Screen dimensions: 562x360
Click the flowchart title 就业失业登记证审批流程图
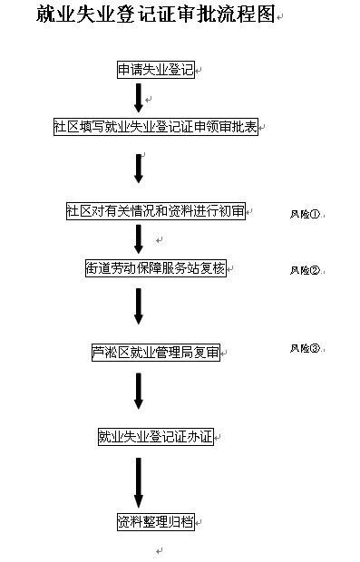(155, 15)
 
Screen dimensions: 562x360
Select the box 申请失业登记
(155, 70)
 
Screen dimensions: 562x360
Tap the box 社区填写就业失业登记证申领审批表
(155, 127)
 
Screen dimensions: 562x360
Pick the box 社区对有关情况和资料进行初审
(155, 210)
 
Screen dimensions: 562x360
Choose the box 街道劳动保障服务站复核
(155, 267)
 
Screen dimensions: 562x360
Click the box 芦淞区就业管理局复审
(155, 352)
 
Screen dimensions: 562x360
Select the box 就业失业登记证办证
(155, 436)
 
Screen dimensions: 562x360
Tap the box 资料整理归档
(155, 521)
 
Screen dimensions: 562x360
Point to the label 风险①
(305, 215)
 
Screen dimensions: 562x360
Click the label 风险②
(305, 270)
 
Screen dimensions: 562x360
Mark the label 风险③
(305, 348)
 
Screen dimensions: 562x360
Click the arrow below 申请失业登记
(139, 97)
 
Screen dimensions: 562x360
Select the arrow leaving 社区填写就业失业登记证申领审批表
(139, 168)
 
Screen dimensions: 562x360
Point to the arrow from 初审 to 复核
(139, 238)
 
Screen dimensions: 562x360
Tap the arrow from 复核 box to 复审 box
(139, 306)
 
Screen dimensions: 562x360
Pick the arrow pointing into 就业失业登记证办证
(139, 391)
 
